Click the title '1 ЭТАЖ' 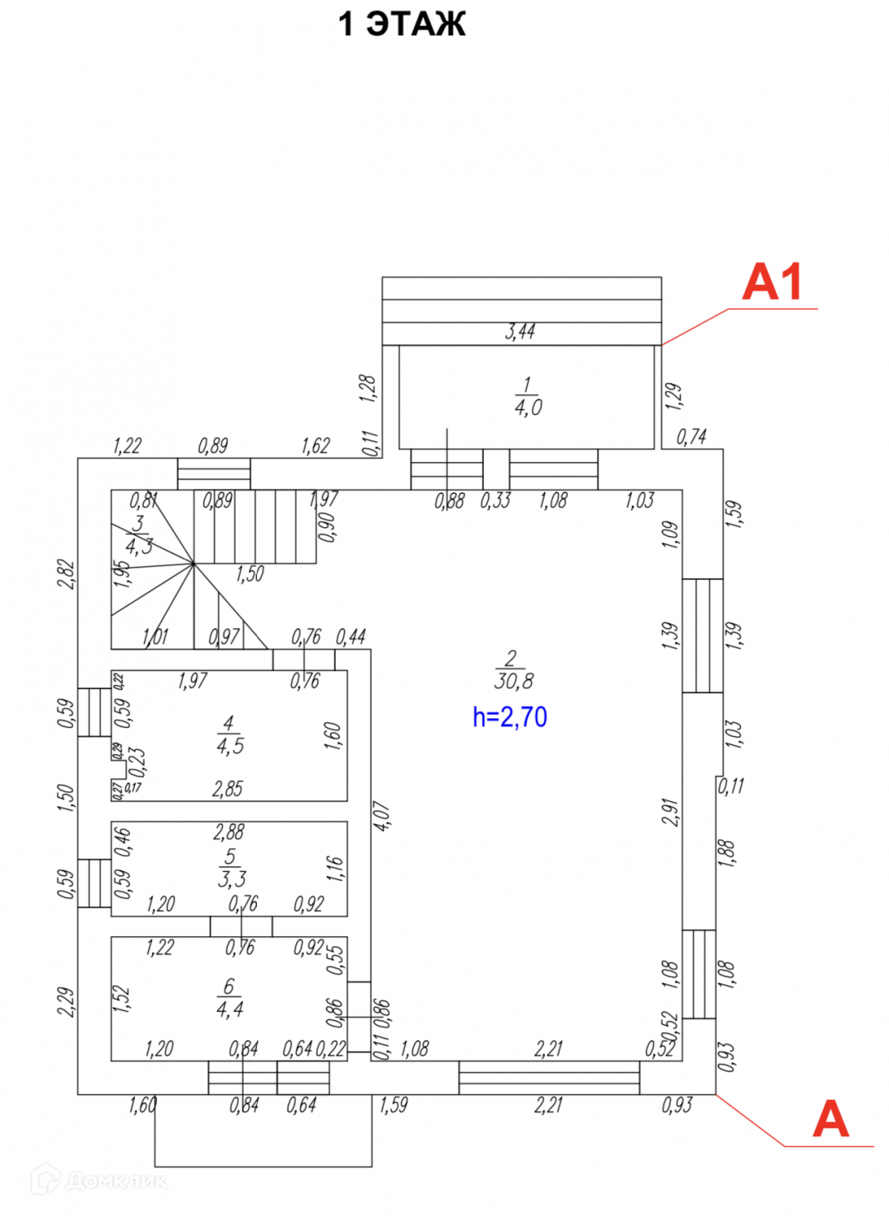point(402,24)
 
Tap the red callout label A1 point(772,282)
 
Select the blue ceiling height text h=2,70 point(510,717)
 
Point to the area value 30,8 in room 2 point(514,681)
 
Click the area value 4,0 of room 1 point(528,407)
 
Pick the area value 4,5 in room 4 point(230,746)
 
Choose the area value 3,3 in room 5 point(231,878)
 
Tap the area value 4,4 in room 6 point(229,1009)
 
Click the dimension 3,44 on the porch point(520,332)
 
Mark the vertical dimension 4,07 point(383,815)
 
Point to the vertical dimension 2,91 point(671,812)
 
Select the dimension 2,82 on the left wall point(67,574)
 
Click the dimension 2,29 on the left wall point(67,1001)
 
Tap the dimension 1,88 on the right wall point(726,853)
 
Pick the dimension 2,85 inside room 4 point(227,789)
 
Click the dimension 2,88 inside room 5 point(228,832)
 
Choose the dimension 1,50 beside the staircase point(249,574)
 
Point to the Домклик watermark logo point(99,1181)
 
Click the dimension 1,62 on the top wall point(315,446)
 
